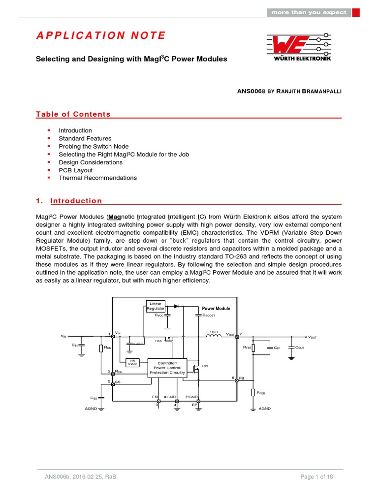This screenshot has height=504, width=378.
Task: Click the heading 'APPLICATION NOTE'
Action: pos(101,35)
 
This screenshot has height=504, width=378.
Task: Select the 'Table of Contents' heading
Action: pos(73,114)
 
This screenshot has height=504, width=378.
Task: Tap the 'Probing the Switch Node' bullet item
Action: pos(94,146)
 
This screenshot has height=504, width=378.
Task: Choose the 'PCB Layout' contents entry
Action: pos(75,170)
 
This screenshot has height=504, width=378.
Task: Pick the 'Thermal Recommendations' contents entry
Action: pos(97,178)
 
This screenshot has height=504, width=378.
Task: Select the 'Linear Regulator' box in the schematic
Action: pos(156,306)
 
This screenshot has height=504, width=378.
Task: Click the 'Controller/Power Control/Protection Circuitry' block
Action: pos(167,368)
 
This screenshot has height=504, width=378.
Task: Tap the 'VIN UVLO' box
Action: pos(132,362)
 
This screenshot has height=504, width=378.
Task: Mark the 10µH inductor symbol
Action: pos(214,336)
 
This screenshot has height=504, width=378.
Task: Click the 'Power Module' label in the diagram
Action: pos(216,309)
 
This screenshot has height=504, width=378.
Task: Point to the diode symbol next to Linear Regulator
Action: pos(176,306)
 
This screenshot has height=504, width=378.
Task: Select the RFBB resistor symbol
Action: pos(253,393)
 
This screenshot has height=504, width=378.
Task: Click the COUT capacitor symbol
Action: pos(292,347)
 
